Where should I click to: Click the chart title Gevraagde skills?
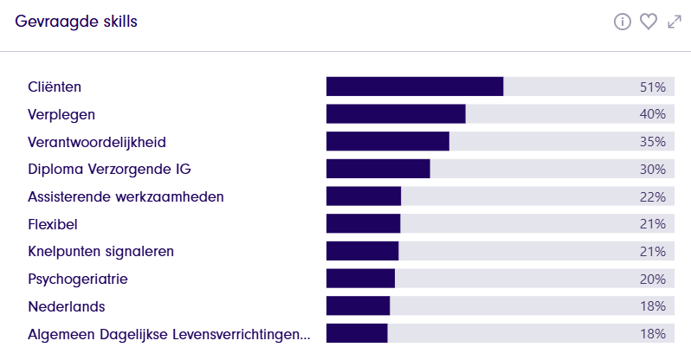(76, 22)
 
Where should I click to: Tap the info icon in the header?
(622, 22)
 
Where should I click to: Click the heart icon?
(649, 22)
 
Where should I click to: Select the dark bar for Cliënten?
(415, 87)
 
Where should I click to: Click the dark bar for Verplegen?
(396, 114)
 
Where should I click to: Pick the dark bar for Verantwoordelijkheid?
(388, 142)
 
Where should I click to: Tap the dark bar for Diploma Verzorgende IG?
(378, 169)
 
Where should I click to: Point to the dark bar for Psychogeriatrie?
(360, 279)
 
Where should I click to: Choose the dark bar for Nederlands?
(358, 306)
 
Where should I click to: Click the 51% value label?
(652, 87)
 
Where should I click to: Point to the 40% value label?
(652, 114)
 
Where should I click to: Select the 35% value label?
(652, 142)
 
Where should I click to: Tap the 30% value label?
(652, 169)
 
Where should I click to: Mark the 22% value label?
(652, 196)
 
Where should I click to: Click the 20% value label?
(652, 279)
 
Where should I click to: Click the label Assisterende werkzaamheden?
(126, 196)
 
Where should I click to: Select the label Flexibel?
(53, 224)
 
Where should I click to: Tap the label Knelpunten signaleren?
(100, 252)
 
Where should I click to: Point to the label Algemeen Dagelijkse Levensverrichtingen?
(169, 334)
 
